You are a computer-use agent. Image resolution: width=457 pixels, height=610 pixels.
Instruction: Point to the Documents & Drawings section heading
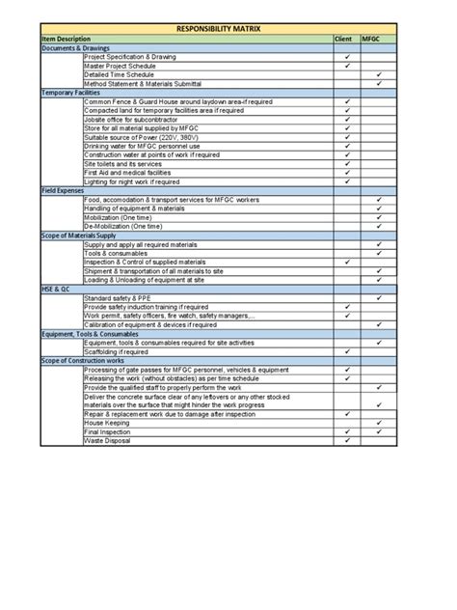(x=72, y=48)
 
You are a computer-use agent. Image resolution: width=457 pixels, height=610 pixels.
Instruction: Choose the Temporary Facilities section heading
(x=68, y=92)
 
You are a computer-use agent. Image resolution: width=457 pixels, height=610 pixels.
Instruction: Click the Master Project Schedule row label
(x=121, y=66)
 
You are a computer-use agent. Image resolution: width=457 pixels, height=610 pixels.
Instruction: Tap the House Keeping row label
(x=107, y=423)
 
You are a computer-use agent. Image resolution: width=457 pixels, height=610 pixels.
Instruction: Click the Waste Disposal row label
(x=108, y=440)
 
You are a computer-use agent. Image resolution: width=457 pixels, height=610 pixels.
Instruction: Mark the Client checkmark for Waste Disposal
(x=346, y=440)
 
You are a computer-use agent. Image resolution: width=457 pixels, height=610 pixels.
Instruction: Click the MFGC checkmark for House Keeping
(x=380, y=423)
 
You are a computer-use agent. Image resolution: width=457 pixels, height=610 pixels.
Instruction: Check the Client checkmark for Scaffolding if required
(x=346, y=351)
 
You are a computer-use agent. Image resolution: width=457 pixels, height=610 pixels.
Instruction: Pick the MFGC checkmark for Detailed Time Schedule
(x=380, y=74)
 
